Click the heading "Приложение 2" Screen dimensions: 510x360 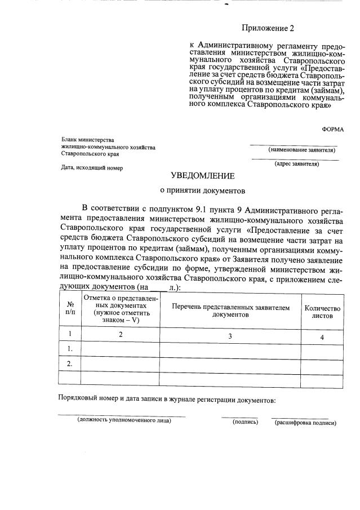[268, 28]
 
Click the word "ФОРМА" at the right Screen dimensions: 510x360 [332, 129]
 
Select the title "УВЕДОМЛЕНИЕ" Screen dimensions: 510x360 [202, 176]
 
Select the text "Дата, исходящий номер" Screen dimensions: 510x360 [92, 167]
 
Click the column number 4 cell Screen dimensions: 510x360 [322, 336]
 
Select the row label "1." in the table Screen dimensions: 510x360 [70, 349]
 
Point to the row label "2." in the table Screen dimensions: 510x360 [70, 363]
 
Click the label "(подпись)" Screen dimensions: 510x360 [245, 422]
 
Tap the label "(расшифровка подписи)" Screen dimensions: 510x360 [305, 422]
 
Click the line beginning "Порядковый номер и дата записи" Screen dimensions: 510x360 [167, 399]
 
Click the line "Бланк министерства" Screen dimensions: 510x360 [88, 139]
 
